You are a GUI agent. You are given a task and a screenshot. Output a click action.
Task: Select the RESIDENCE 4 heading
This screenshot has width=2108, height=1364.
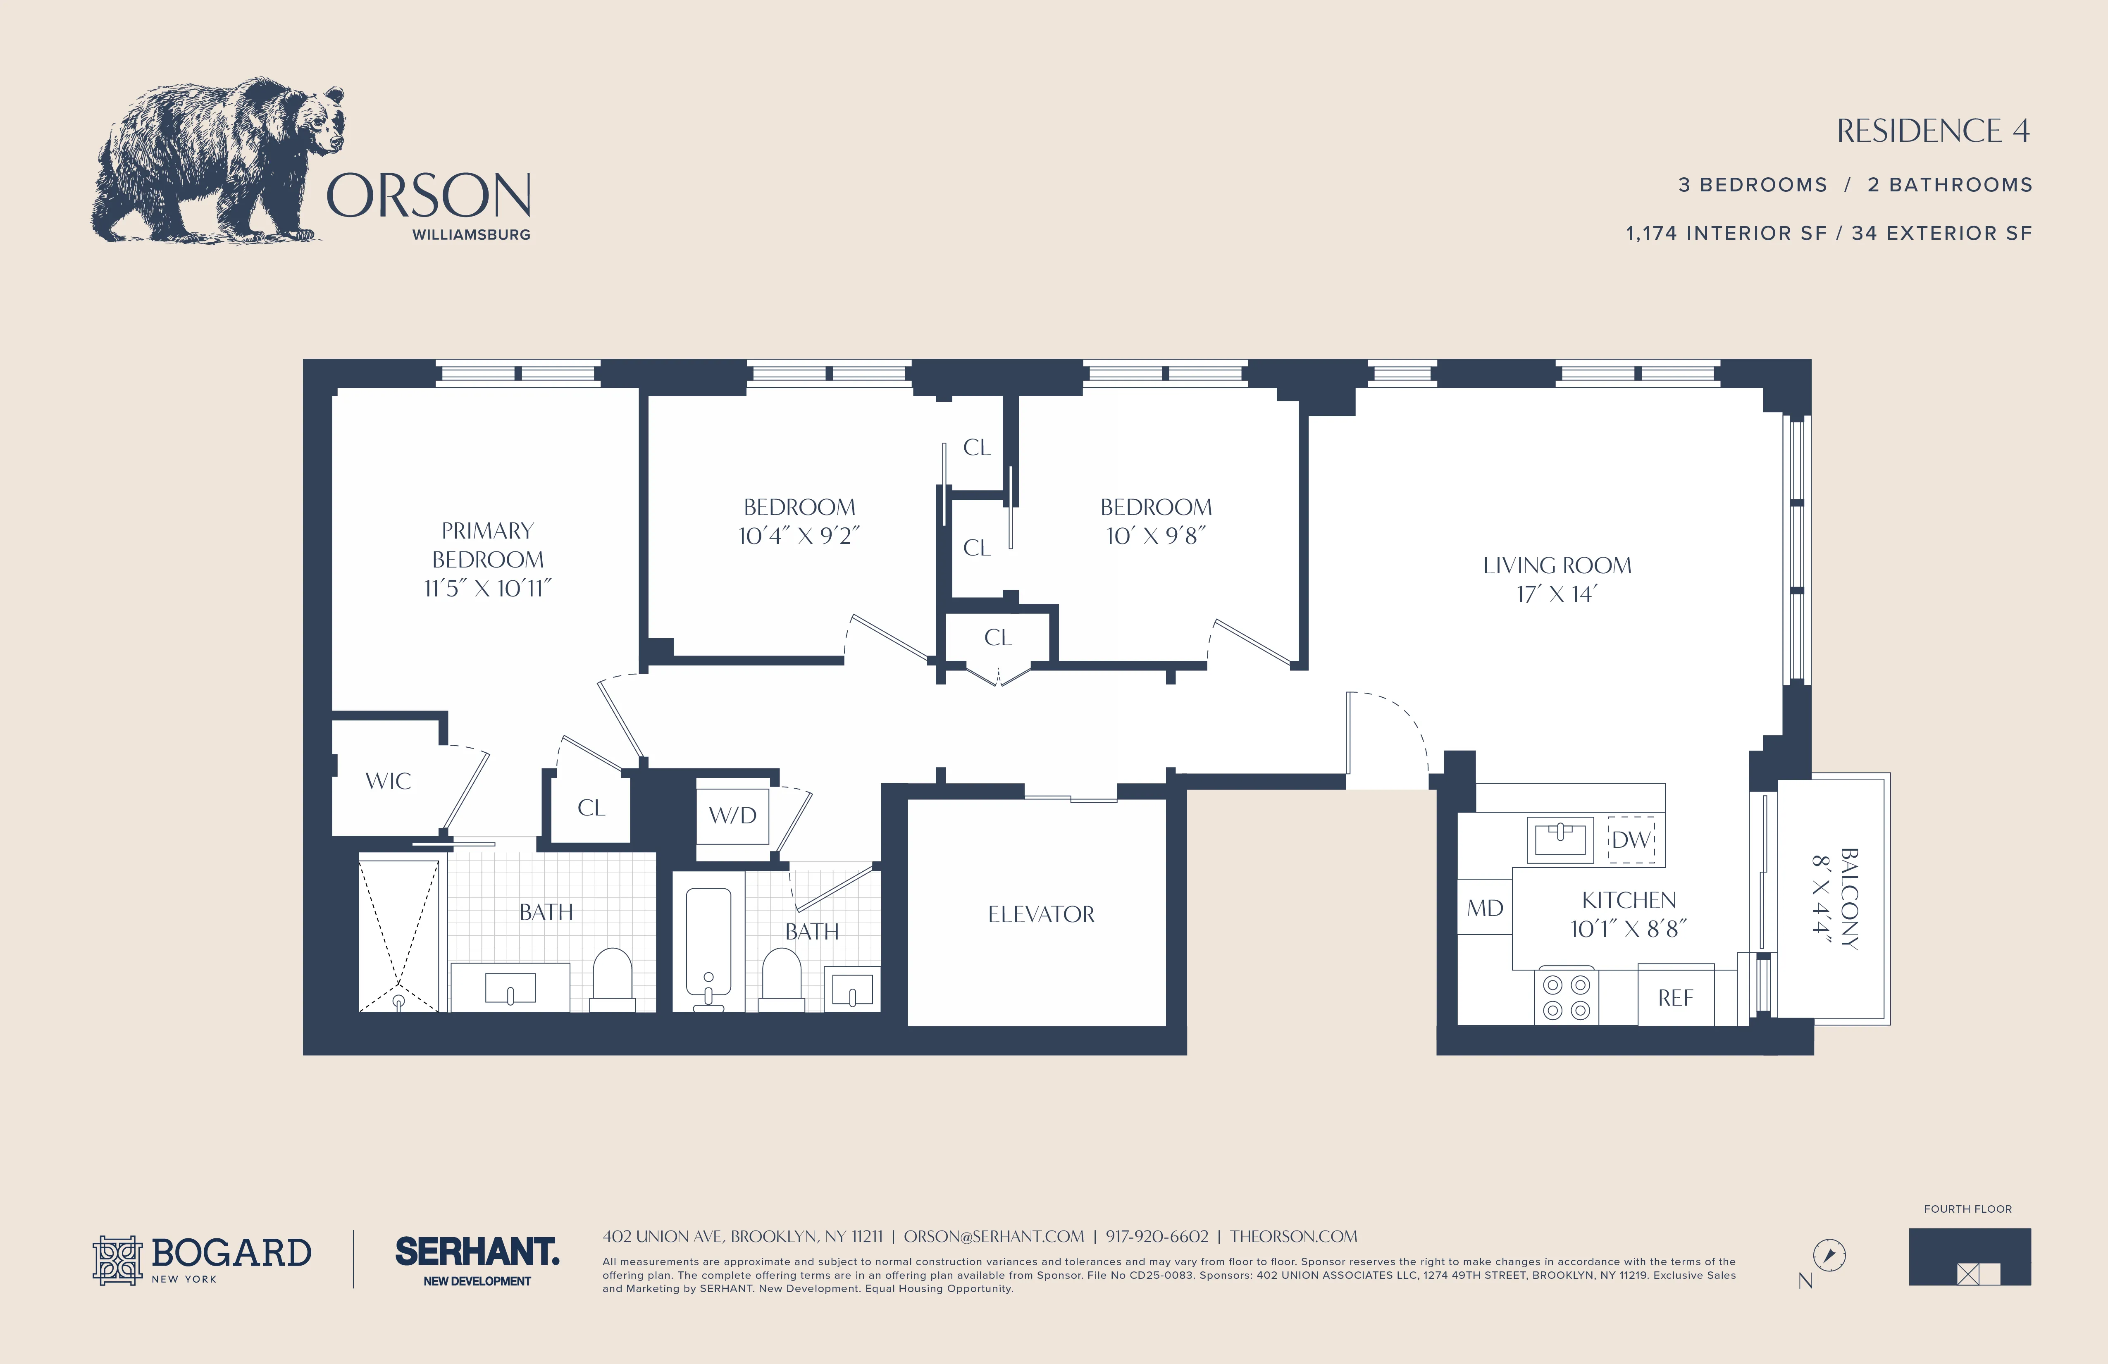point(1933,131)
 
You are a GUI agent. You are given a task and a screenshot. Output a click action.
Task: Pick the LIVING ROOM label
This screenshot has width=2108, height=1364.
point(1556,565)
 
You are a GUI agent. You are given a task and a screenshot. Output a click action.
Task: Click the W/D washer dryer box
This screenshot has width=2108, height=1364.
point(732,815)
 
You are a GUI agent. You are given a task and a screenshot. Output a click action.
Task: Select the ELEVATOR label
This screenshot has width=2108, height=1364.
point(1041,914)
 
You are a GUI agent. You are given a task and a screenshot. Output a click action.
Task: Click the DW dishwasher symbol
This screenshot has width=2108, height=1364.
point(1631,839)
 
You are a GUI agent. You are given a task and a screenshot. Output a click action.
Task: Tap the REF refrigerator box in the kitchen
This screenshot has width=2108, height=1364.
point(1675,997)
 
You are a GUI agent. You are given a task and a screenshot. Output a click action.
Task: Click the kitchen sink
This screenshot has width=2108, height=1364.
point(1560,838)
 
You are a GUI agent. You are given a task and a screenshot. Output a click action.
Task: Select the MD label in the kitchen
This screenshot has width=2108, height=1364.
point(1484,908)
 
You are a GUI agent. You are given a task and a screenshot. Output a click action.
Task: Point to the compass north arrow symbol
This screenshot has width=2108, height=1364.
point(1829,1255)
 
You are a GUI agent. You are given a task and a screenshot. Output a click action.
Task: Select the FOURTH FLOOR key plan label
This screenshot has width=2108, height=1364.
point(1967,1209)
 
